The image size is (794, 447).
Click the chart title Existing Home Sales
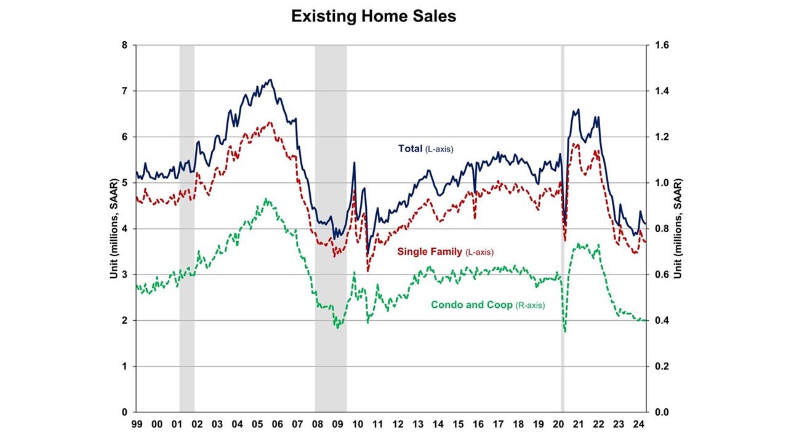(374, 17)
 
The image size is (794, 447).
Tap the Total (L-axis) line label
(425, 148)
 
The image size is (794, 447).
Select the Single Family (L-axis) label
(445, 251)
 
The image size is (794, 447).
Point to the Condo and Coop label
(487, 305)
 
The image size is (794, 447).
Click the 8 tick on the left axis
(124, 46)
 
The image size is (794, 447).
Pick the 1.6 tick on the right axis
(660, 46)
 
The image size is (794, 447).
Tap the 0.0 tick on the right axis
(660, 412)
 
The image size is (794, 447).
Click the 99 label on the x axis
(136, 424)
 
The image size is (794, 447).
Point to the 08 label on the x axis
(317, 424)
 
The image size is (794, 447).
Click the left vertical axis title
(114, 228)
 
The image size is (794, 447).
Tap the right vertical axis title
(678, 228)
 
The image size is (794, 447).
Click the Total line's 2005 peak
(270, 79)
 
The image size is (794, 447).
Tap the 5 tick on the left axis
(124, 183)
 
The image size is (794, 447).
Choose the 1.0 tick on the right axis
(660, 183)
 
